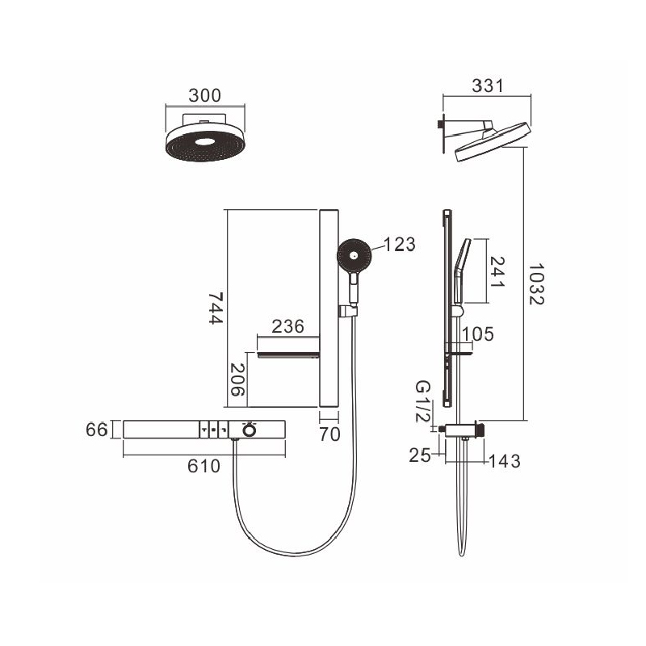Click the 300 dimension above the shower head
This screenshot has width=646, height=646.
click(205, 95)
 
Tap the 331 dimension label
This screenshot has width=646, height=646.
click(488, 86)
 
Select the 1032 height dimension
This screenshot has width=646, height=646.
click(536, 284)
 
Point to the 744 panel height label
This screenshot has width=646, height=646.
click(216, 308)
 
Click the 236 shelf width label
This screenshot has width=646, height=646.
click(287, 326)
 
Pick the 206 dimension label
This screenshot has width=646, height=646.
click(237, 380)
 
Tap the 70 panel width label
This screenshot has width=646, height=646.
click(329, 434)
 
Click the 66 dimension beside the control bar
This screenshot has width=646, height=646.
click(96, 430)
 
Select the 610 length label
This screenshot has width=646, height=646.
click(203, 466)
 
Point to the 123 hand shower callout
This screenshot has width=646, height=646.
click(399, 245)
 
